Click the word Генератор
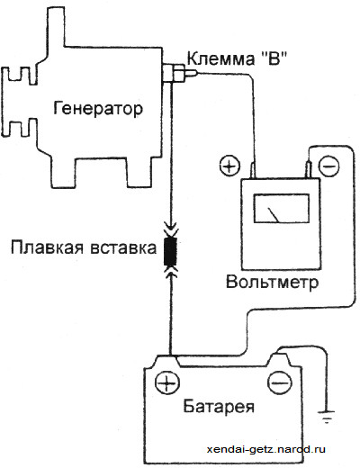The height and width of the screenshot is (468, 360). (x=98, y=108)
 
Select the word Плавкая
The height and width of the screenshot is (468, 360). (x=47, y=247)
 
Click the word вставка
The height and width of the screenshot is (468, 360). (x=123, y=248)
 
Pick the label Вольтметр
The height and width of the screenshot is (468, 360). (x=272, y=283)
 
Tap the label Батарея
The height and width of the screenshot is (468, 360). (x=219, y=407)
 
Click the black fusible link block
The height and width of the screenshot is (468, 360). (x=170, y=251)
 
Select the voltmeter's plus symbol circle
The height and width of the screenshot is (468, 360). (x=229, y=166)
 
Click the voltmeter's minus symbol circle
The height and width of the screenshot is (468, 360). (x=328, y=166)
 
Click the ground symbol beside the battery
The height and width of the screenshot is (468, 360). (x=326, y=417)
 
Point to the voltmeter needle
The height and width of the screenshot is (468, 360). (x=274, y=215)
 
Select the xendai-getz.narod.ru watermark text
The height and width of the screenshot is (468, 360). (x=266, y=449)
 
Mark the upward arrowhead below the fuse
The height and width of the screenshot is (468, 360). (x=170, y=273)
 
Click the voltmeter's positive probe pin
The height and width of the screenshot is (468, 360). (x=254, y=171)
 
